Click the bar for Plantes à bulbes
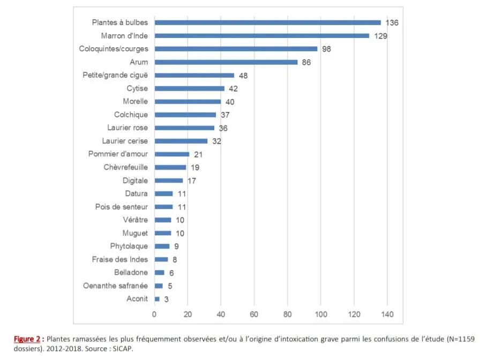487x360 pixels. [267, 22]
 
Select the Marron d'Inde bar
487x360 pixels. [261, 36]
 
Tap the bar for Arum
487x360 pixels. [226, 62]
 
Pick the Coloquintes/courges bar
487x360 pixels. [236, 49]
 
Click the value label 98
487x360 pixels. [327, 49]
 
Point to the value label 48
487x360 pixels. [243, 76]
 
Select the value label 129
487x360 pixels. [380, 36]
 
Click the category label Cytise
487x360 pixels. [137, 88]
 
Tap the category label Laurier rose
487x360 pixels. [128, 128]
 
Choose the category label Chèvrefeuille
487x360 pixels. [126, 167]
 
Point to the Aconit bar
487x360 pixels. [157, 299]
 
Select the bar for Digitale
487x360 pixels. [169, 181]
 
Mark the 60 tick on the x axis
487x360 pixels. [254, 314]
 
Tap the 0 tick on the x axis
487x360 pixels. [154, 314]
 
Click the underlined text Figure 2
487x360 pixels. [27, 339]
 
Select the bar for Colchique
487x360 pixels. [185, 115]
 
